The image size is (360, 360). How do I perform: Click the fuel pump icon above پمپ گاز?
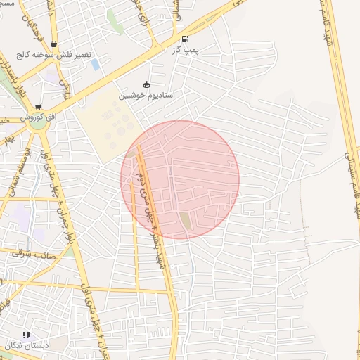click(x=185, y=39)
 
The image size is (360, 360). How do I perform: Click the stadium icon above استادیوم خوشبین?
click(x=146, y=84)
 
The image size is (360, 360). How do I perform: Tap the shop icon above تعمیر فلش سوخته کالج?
click(x=53, y=44)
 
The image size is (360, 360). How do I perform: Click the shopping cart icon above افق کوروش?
click(x=37, y=106)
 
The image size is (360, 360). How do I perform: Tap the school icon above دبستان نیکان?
click(x=26, y=335)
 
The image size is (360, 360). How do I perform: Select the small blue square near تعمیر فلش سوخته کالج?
click(x=95, y=64)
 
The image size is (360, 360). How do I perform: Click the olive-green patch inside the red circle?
click(x=185, y=221)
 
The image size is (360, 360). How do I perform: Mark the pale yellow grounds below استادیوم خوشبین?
click(x=105, y=127)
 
